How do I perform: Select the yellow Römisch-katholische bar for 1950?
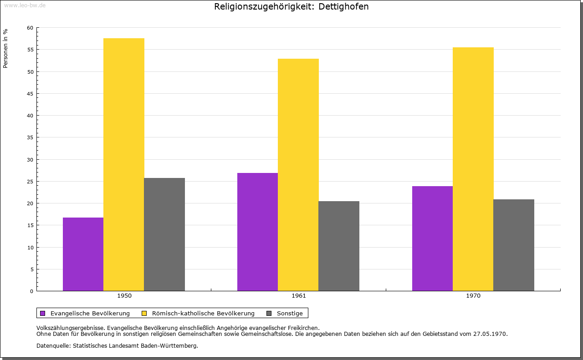click(x=124, y=164)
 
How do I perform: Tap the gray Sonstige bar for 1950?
click(x=164, y=234)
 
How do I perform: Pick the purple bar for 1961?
click(x=257, y=232)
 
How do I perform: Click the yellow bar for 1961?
click(x=298, y=175)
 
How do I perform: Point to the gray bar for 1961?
click(x=339, y=246)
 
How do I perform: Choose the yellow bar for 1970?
click(x=473, y=169)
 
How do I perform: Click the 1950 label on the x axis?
click(x=124, y=296)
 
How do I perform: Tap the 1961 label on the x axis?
click(x=299, y=296)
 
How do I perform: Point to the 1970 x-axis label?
click(x=473, y=296)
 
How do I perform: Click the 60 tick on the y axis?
click(x=30, y=28)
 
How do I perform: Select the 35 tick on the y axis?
click(x=30, y=137)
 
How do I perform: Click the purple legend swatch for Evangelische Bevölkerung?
click(x=43, y=313)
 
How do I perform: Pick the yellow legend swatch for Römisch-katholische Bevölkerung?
click(x=144, y=313)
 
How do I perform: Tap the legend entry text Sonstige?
click(x=290, y=313)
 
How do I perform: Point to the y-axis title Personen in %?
click(x=5, y=48)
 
